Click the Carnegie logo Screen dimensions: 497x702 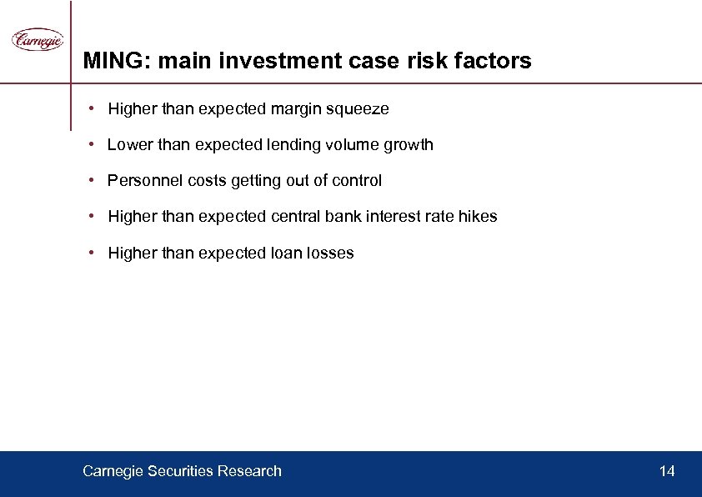coord(38,39)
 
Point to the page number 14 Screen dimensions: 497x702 coord(667,471)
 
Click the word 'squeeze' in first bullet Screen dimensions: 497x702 coord(359,109)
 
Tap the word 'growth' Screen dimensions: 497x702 coord(409,145)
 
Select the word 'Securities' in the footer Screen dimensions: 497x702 coord(179,471)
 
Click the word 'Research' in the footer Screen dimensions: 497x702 coord(249,471)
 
